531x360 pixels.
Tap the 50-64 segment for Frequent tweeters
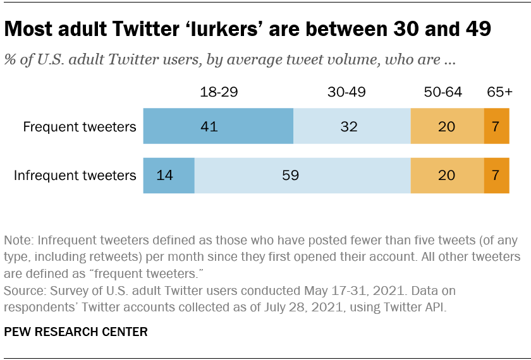click(447, 126)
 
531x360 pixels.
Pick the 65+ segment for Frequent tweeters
click(496, 126)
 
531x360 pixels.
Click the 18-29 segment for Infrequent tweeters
click(169, 176)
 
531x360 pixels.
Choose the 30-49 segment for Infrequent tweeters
click(302, 176)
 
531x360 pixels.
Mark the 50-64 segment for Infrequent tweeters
click(447, 176)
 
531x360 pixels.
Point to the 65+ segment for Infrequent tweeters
click(496, 176)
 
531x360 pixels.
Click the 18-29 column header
click(218, 92)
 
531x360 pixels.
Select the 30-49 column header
click(346, 92)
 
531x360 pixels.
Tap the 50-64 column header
click(442, 92)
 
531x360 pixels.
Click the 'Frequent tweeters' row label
click(80, 127)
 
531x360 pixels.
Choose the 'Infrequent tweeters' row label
click(75, 176)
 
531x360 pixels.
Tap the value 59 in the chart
click(290, 176)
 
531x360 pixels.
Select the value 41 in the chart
click(209, 127)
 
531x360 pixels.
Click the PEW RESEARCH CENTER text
click(76, 332)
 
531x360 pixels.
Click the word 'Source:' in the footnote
click(25, 291)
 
